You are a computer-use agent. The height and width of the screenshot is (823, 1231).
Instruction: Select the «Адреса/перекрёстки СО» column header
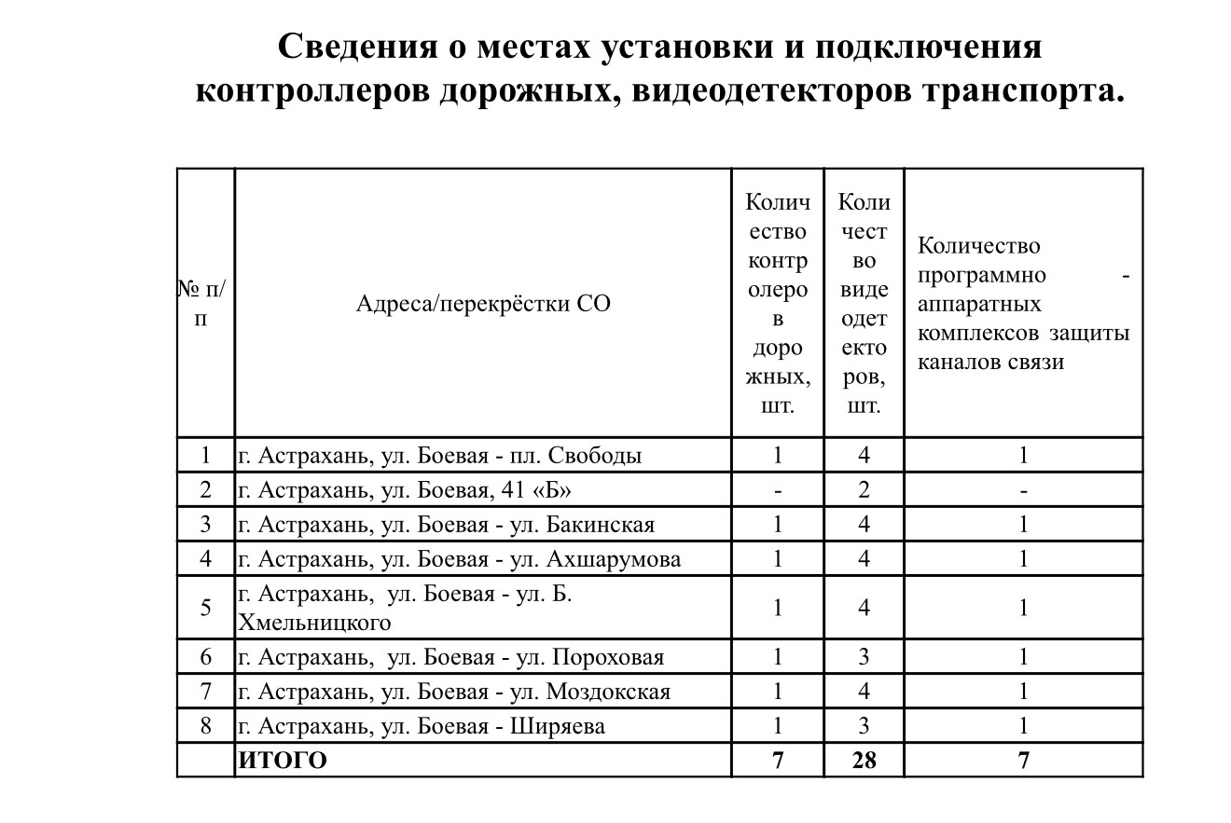[483, 303]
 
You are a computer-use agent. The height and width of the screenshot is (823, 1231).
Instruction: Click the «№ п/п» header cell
[203, 304]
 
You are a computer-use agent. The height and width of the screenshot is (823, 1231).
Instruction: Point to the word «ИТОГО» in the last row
[284, 761]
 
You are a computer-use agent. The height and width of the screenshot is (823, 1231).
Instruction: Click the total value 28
[864, 761]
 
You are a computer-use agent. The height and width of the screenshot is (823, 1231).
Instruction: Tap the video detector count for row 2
[864, 490]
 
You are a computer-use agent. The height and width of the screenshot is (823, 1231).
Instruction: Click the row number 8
[206, 726]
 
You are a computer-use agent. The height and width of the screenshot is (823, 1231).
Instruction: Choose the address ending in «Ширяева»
[422, 726]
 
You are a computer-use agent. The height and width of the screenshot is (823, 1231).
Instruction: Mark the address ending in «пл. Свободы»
[440, 456]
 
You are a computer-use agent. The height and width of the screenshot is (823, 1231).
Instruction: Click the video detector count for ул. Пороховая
[864, 657]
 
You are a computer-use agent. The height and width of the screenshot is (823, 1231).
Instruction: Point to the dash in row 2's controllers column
[777, 490]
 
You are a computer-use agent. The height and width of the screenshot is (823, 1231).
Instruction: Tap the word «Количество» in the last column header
[979, 246]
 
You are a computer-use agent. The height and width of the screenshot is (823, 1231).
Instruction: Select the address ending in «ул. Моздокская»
[454, 692]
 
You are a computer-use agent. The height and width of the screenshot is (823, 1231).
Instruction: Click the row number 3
[206, 525]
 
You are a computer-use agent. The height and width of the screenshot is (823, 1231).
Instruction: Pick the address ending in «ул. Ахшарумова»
[460, 559]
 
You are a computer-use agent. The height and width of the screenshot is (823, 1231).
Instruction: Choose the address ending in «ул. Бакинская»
[447, 525]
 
